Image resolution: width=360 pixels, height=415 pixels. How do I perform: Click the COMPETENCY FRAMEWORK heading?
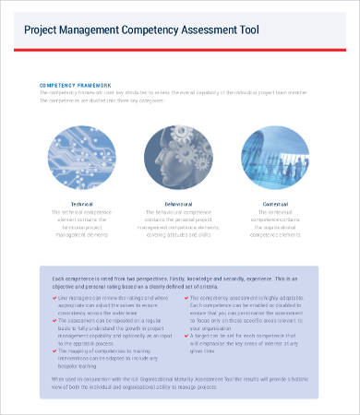pyautogui.click(x=75, y=83)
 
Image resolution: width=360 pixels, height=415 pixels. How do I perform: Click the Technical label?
pyautogui.click(x=82, y=203)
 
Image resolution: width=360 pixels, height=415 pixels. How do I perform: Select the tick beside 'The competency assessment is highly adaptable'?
pyautogui.click(x=186, y=300)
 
